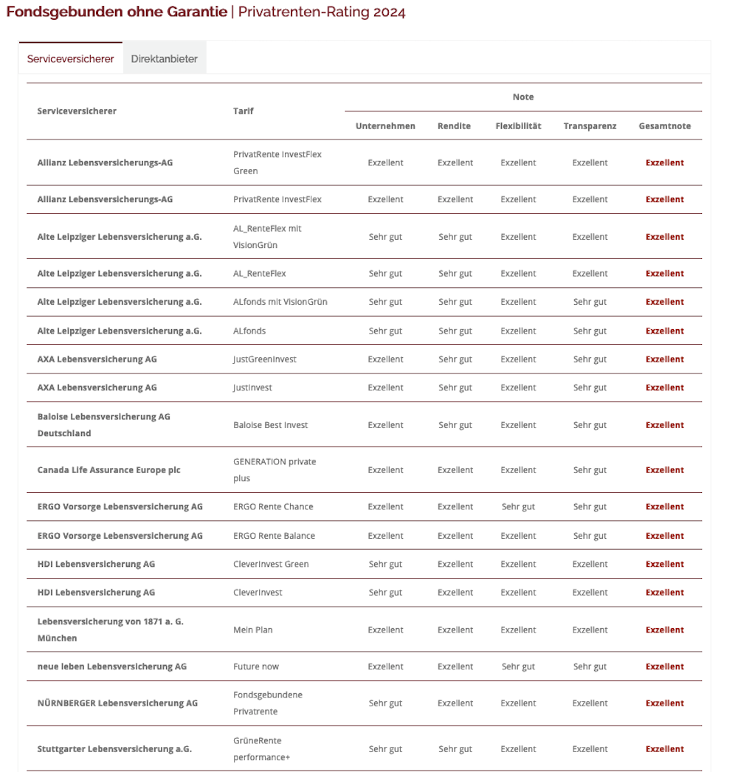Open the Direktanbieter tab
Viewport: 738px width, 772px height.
point(164,59)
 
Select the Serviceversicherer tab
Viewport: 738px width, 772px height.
point(71,59)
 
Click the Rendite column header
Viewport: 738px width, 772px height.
point(454,126)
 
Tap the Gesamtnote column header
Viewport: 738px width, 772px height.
point(664,126)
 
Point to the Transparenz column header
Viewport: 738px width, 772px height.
point(590,126)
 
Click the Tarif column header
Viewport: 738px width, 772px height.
point(244,111)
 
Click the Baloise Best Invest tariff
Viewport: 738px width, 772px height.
point(270,425)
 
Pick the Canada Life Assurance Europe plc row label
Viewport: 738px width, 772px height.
point(108,470)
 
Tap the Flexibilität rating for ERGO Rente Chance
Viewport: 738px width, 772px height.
point(518,507)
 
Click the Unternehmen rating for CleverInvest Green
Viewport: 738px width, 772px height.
point(385,565)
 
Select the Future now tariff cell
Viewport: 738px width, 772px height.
point(256,667)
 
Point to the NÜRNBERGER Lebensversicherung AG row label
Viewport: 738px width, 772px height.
point(117,703)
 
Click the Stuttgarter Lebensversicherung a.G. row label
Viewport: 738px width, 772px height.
point(114,749)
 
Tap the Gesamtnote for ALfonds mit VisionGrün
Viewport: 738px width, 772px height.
point(664,302)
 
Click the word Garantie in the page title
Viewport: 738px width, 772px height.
point(193,13)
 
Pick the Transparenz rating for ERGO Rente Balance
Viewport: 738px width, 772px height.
point(590,536)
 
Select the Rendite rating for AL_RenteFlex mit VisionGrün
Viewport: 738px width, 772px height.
point(455,237)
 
